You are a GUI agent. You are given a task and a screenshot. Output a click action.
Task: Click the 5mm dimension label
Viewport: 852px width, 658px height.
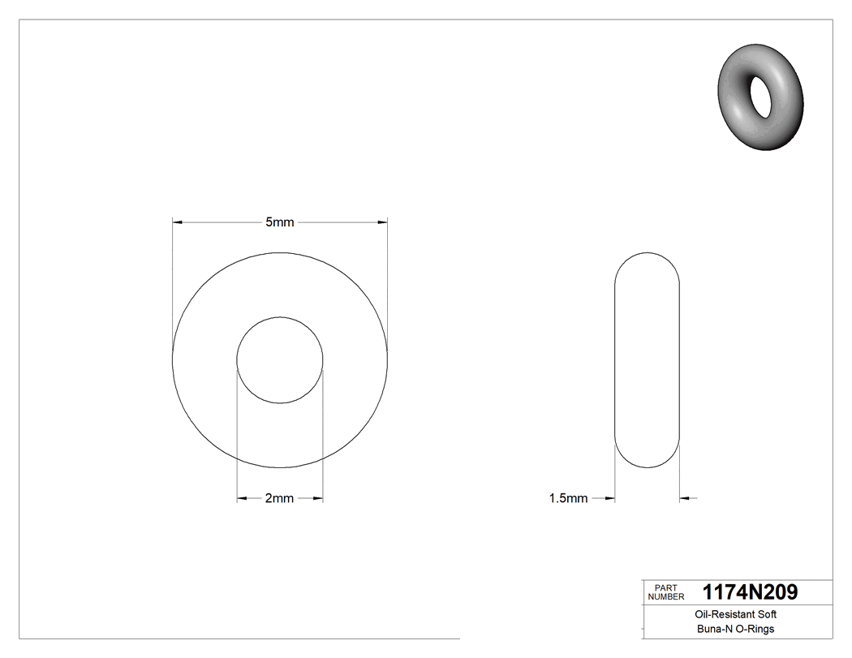(279, 221)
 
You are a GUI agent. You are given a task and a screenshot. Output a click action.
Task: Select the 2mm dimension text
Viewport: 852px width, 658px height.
(279, 498)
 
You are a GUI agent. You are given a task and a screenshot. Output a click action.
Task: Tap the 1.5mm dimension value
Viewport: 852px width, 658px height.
(568, 498)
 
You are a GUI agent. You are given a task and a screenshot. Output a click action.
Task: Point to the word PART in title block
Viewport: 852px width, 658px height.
(665, 587)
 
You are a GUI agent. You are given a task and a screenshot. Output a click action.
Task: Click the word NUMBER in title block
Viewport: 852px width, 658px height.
(667, 596)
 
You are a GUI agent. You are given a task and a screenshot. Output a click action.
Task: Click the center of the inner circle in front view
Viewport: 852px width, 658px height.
(279, 360)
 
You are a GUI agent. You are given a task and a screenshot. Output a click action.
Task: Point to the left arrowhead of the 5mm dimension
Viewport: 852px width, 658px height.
(178, 221)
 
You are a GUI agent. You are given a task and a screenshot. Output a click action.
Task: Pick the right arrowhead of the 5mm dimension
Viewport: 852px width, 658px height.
(382, 221)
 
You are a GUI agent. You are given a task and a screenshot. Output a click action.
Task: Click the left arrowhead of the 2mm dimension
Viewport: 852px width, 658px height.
(241, 498)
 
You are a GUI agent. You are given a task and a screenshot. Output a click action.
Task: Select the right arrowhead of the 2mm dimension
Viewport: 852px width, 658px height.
(318, 498)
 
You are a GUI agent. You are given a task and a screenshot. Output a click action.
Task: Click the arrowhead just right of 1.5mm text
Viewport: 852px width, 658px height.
(609, 498)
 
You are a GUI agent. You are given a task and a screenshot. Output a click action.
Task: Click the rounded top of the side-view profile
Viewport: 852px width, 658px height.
(647, 253)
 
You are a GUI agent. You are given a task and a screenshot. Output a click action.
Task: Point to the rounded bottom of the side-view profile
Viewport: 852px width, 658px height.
(647, 467)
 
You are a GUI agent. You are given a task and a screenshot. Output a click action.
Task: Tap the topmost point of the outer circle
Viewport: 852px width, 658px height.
(279, 252)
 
